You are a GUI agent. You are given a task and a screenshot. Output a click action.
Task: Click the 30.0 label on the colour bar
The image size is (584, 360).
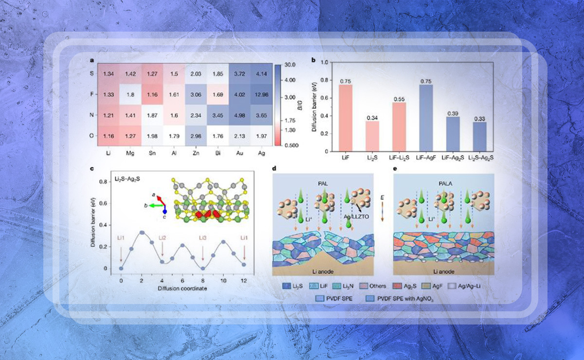[291, 64]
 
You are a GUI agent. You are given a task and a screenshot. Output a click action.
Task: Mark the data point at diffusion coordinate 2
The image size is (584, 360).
[142, 232]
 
